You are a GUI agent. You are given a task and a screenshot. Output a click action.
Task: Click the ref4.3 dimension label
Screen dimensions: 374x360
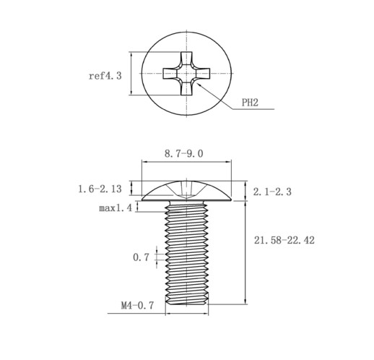point(105,76)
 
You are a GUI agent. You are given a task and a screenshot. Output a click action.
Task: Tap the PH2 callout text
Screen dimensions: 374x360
point(250,103)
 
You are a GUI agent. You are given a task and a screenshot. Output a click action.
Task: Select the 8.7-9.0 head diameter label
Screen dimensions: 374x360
point(183,153)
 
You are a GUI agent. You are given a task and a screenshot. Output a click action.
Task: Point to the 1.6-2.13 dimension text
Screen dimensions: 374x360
point(100,189)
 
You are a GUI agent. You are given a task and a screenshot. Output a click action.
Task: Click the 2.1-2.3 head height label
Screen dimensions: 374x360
point(272,192)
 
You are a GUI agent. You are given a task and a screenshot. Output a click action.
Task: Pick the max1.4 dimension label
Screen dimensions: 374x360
point(116,207)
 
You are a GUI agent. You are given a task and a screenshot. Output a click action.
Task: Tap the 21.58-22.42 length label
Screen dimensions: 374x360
point(284,240)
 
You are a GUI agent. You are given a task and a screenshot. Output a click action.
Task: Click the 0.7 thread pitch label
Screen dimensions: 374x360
point(141,257)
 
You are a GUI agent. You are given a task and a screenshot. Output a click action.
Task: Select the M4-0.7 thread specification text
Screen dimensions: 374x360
point(137,306)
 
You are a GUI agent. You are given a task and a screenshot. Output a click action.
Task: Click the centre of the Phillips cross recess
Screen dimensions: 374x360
point(186,74)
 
